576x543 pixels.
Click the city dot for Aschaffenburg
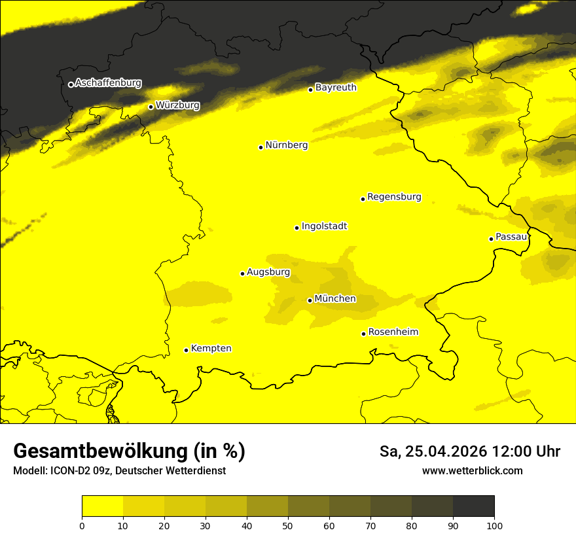click(x=71, y=84)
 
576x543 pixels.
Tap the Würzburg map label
click(x=177, y=105)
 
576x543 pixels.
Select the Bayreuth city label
click(x=336, y=87)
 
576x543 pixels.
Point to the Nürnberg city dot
click(x=261, y=147)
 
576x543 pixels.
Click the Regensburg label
click(x=394, y=196)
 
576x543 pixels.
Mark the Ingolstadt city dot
click(x=297, y=228)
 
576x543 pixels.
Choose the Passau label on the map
click(x=511, y=236)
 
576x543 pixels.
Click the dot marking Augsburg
click(x=242, y=273)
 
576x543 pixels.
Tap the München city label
click(x=335, y=298)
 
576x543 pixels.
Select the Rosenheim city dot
click(x=363, y=334)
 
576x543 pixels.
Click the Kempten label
click(x=211, y=348)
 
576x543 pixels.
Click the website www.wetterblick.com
click(x=472, y=470)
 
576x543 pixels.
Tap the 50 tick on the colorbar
click(x=288, y=525)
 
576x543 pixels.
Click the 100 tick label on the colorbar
click(x=494, y=525)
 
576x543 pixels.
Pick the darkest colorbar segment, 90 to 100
click(x=473, y=506)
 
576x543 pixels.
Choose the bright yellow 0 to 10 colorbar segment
click(x=102, y=506)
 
